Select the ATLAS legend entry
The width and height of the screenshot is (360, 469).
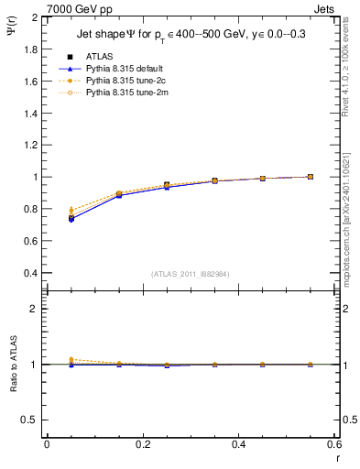coord(100,57)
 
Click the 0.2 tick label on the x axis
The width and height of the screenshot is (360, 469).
coord(142,444)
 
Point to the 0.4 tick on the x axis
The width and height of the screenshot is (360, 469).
coord(238,444)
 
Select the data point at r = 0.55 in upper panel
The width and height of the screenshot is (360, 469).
coord(311,177)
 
